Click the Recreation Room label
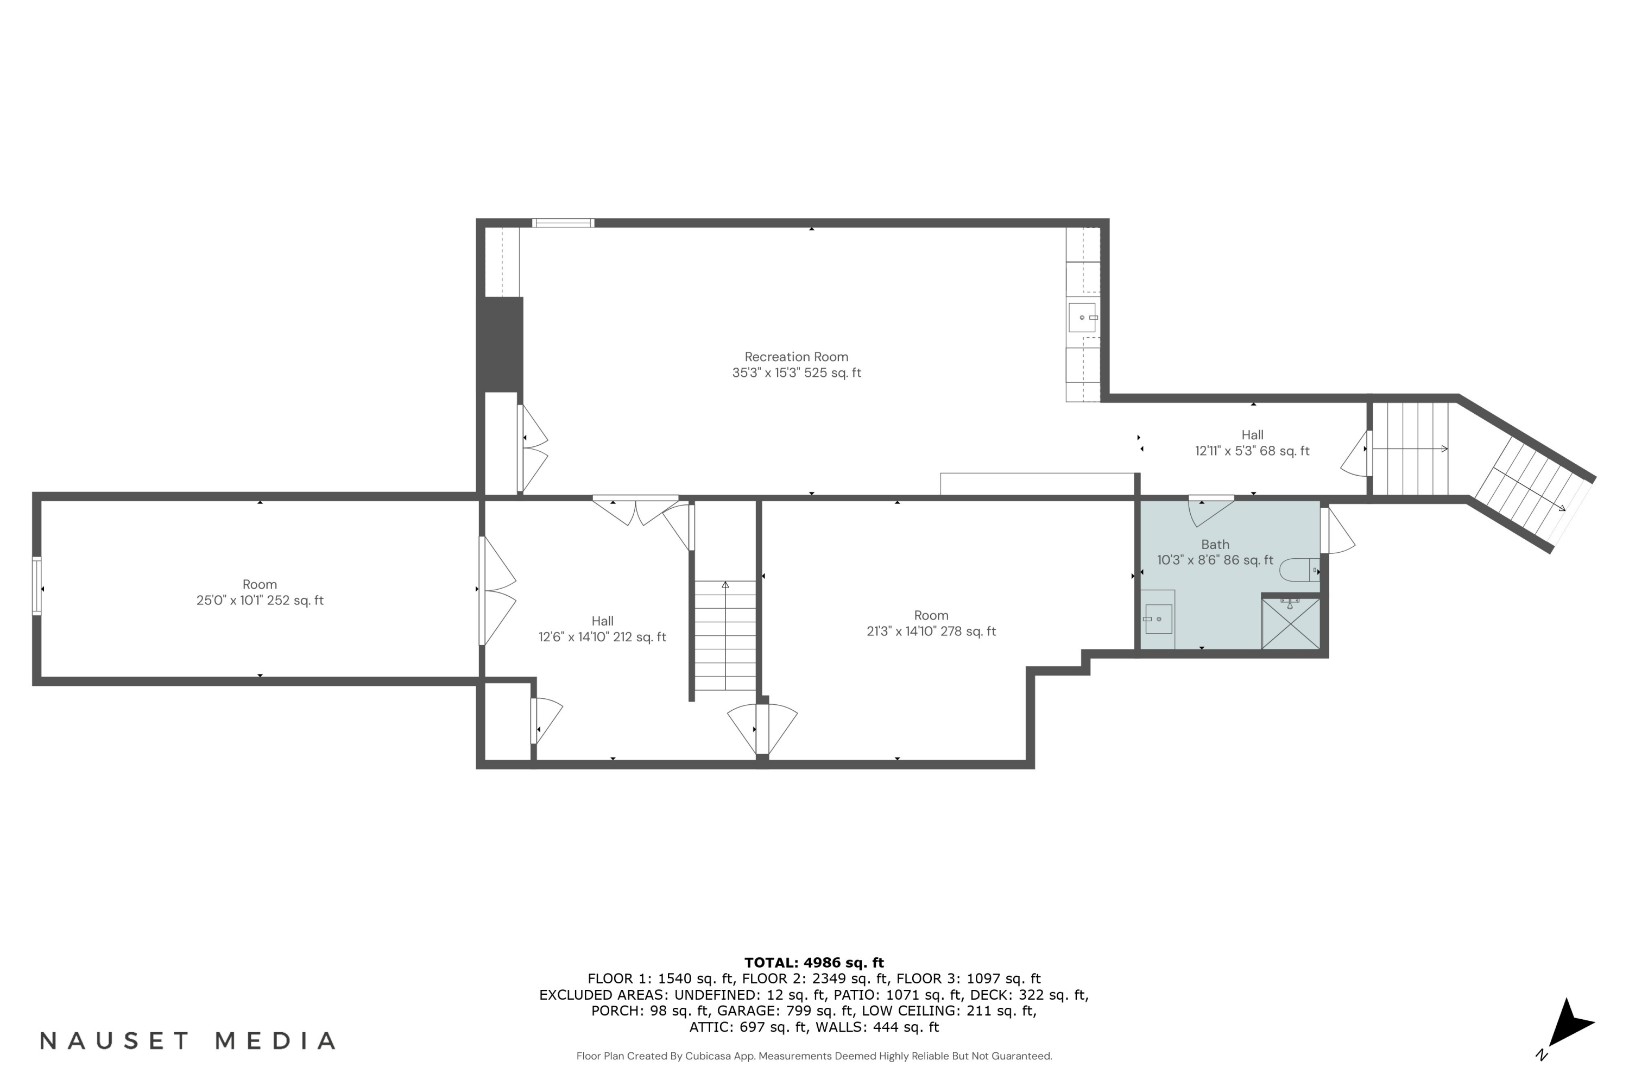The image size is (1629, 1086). click(x=796, y=357)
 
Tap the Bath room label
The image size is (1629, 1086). click(x=1215, y=545)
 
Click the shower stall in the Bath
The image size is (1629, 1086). click(x=1290, y=624)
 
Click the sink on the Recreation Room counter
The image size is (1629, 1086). click(x=1082, y=317)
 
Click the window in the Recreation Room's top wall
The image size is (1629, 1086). click(x=563, y=223)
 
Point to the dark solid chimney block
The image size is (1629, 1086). click(x=500, y=344)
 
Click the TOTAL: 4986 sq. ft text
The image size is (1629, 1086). click(x=814, y=963)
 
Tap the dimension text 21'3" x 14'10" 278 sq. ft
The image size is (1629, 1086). click(x=931, y=631)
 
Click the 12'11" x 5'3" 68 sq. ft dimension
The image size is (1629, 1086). click(x=1252, y=451)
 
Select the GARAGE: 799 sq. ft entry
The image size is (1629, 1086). click(x=785, y=1011)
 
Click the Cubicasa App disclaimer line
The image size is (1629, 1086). click(x=814, y=1056)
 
